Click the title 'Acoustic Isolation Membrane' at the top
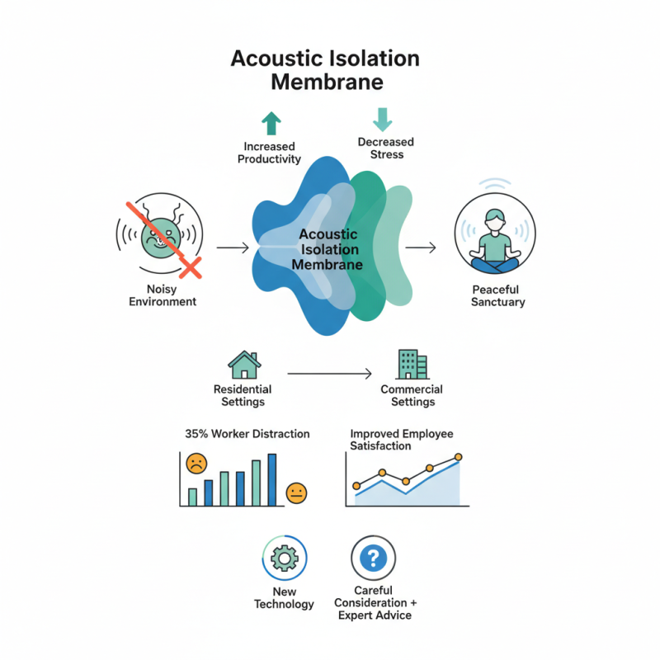point(324,70)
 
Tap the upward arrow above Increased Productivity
point(271,124)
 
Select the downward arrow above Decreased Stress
point(382,120)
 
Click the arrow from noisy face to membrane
point(232,247)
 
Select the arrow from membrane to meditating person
point(421,247)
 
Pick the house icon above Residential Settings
point(243,365)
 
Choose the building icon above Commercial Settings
point(412,364)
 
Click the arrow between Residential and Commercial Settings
point(329,375)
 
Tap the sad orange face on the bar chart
point(196,464)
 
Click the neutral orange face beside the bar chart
point(296,493)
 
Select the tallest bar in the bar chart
point(272,479)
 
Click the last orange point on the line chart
point(459,457)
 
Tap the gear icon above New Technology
point(284,559)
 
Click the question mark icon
point(374,559)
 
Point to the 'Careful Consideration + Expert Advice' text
point(374,602)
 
